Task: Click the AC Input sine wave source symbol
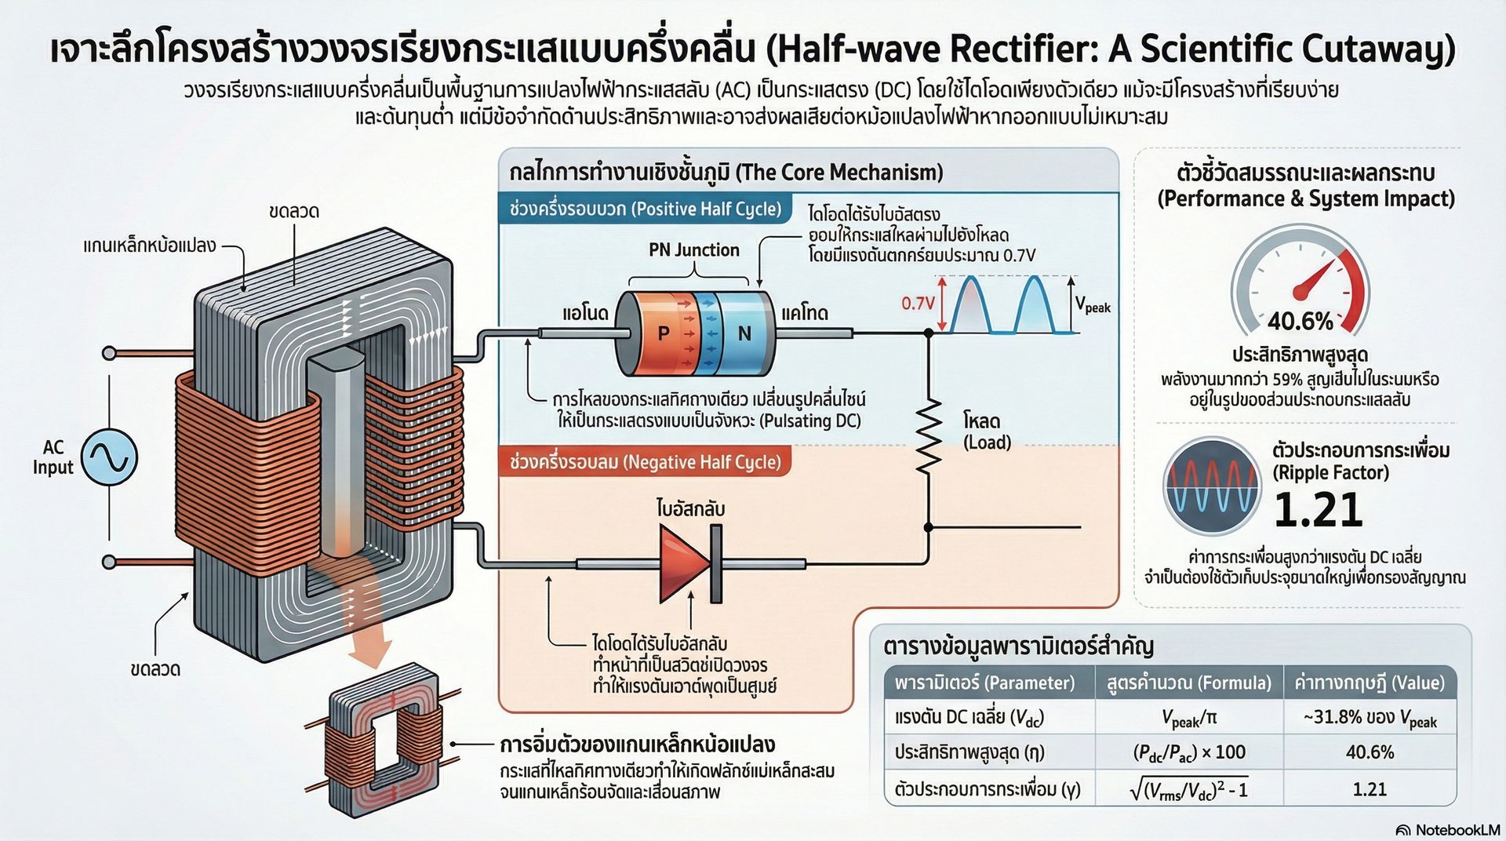(110, 456)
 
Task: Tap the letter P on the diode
(664, 333)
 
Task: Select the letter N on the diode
(744, 333)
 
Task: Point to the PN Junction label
(694, 249)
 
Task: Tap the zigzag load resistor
(929, 436)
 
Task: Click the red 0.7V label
(918, 303)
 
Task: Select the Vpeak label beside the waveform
(1093, 304)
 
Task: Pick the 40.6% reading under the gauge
(1300, 321)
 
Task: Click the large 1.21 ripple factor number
(1318, 510)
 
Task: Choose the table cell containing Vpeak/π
(1188, 717)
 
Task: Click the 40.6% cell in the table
(1370, 752)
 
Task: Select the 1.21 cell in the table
(1370, 788)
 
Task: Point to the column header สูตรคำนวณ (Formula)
(1188, 683)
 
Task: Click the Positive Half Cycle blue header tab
(645, 209)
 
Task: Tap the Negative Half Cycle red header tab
(645, 461)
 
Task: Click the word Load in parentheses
(987, 442)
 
